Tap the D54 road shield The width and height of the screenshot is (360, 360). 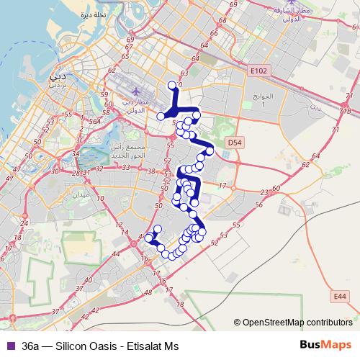click(235, 143)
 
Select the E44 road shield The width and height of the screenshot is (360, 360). click(341, 295)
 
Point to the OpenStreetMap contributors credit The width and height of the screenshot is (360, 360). click(297, 323)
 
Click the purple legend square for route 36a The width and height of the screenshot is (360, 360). click(9, 346)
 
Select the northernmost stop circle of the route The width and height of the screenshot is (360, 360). click(172, 85)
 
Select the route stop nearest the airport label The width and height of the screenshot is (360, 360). click(161, 115)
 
